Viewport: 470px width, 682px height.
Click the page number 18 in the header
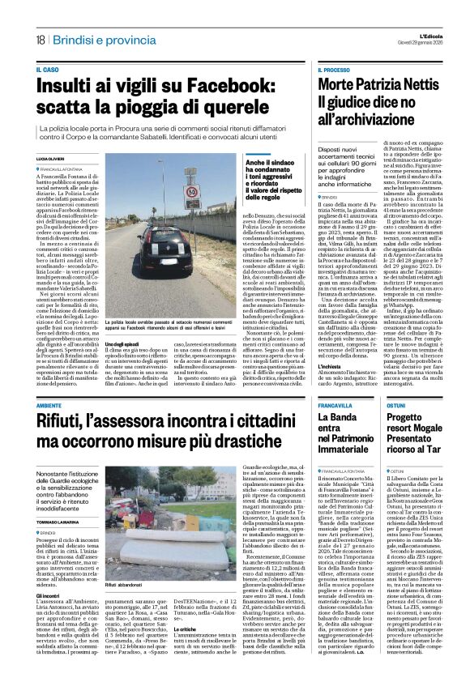(38, 40)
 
